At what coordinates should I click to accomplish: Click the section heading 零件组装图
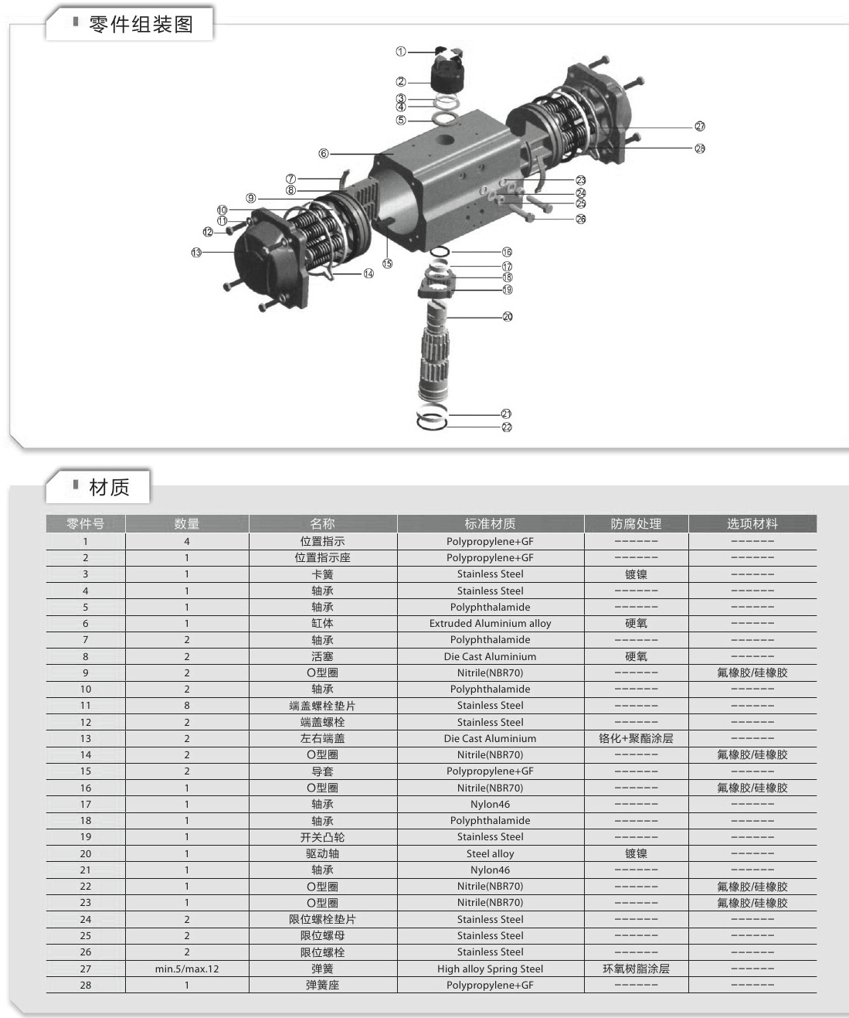click(x=141, y=25)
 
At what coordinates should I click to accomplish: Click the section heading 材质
click(x=109, y=488)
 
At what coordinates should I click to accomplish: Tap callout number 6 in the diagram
click(x=324, y=154)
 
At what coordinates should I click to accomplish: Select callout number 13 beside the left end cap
click(x=196, y=253)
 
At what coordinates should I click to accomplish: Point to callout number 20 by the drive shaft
click(x=508, y=317)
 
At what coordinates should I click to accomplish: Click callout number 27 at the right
click(x=700, y=127)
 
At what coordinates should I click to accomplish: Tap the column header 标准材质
click(x=490, y=524)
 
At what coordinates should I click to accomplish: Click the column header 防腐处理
click(x=636, y=524)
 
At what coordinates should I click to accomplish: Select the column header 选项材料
click(x=752, y=524)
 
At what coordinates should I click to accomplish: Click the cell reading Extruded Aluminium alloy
click(x=490, y=624)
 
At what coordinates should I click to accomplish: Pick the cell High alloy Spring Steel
click(x=490, y=969)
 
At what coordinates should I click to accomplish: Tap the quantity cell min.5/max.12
click(x=186, y=969)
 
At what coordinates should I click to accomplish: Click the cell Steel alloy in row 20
click(x=490, y=854)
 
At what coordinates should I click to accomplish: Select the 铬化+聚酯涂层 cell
click(x=636, y=739)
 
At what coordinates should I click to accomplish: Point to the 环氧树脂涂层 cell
click(x=636, y=969)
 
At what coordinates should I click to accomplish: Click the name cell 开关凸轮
click(x=323, y=837)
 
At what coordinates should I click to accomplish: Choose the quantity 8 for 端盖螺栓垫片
click(x=186, y=706)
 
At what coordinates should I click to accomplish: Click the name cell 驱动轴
click(x=323, y=854)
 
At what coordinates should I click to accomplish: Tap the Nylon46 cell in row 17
click(x=490, y=805)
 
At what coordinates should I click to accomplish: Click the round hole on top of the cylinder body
click(x=446, y=141)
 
